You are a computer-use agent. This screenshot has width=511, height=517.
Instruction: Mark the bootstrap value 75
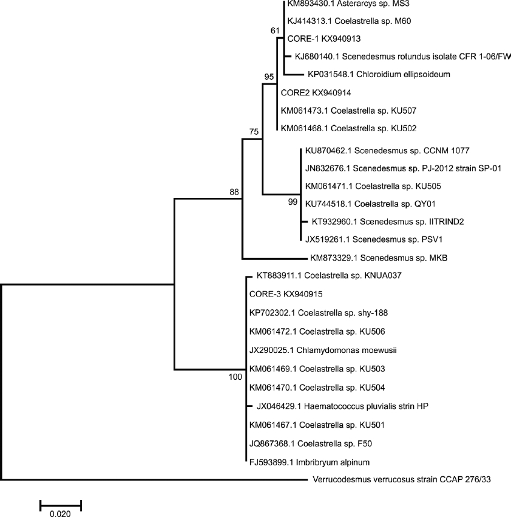tap(254, 131)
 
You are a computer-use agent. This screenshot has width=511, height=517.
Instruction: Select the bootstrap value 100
tap(235, 377)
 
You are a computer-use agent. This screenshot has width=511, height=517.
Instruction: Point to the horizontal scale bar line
tap(60, 504)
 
